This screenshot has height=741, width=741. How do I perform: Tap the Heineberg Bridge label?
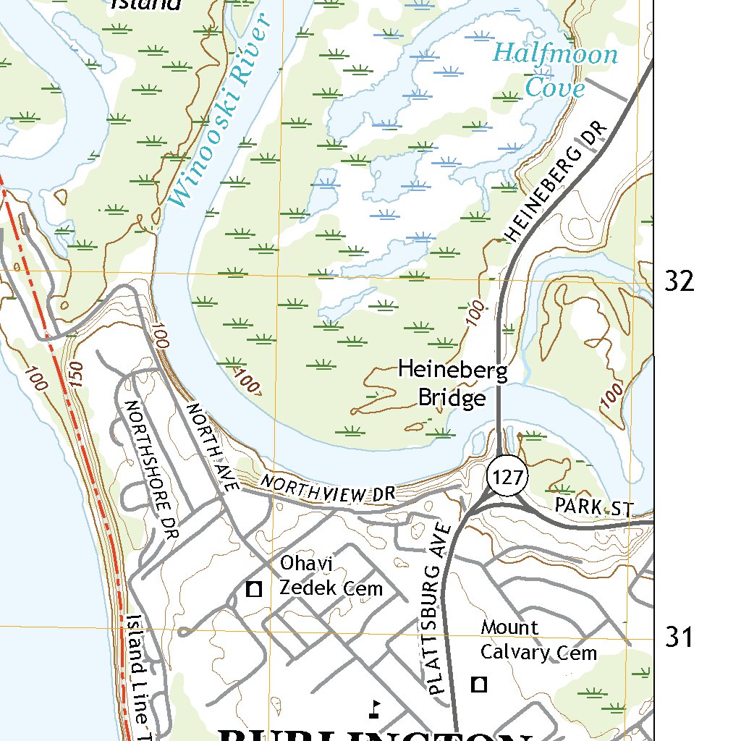tap(453, 384)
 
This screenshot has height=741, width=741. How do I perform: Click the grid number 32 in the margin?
tap(679, 281)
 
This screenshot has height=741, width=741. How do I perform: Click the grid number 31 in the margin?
tap(679, 638)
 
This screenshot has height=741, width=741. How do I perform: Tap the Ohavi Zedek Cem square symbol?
tap(253, 589)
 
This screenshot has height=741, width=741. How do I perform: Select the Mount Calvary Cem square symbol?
tap(479, 683)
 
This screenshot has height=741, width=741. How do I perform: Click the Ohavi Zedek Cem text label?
tap(331, 576)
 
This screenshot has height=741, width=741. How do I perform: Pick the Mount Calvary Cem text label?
tap(538, 640)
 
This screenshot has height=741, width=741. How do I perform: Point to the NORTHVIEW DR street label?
tap(329, 489)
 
